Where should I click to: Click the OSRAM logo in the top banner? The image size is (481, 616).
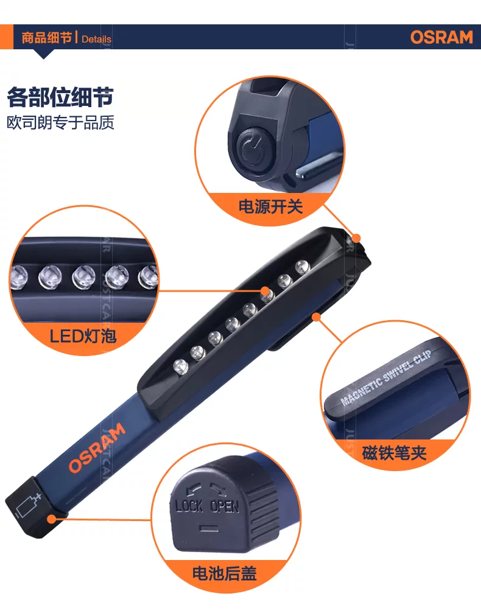(441, 37)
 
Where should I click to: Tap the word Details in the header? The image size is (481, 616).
(96, 39)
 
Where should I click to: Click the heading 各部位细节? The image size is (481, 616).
(60, 97)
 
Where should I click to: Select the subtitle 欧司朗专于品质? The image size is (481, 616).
(60, 122)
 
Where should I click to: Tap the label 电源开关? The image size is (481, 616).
(270, 206)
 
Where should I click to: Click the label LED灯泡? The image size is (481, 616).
(83, 336)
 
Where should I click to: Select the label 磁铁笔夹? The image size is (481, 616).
(394, 453)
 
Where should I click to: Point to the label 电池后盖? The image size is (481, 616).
(225, 573)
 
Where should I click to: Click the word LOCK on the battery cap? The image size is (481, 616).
(189, 506)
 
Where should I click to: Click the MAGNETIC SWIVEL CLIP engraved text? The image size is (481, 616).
(386, 377)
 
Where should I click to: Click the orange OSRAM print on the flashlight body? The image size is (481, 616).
(97, 448)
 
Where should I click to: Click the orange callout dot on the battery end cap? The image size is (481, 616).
(52, 519)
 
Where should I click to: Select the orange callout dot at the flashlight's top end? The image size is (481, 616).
(356, 238)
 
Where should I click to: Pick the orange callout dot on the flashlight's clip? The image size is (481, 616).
(316, 317)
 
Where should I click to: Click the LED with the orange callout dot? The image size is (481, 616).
(267, 294)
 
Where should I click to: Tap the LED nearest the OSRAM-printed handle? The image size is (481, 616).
(181, 366)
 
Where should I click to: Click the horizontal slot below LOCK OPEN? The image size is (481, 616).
(209, 528)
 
